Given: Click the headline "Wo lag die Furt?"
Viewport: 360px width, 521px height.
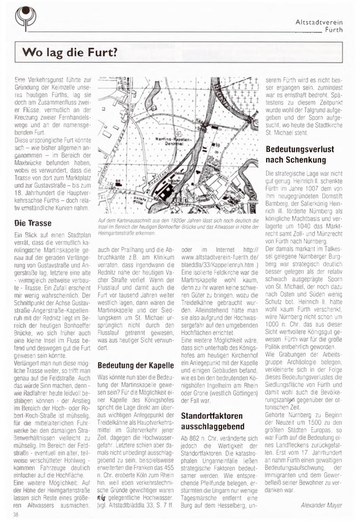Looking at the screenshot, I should [69, 53].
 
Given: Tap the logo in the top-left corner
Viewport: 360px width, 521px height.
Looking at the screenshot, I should [24, 17].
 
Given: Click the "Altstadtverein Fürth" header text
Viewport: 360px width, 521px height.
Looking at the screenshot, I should [319, 25].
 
